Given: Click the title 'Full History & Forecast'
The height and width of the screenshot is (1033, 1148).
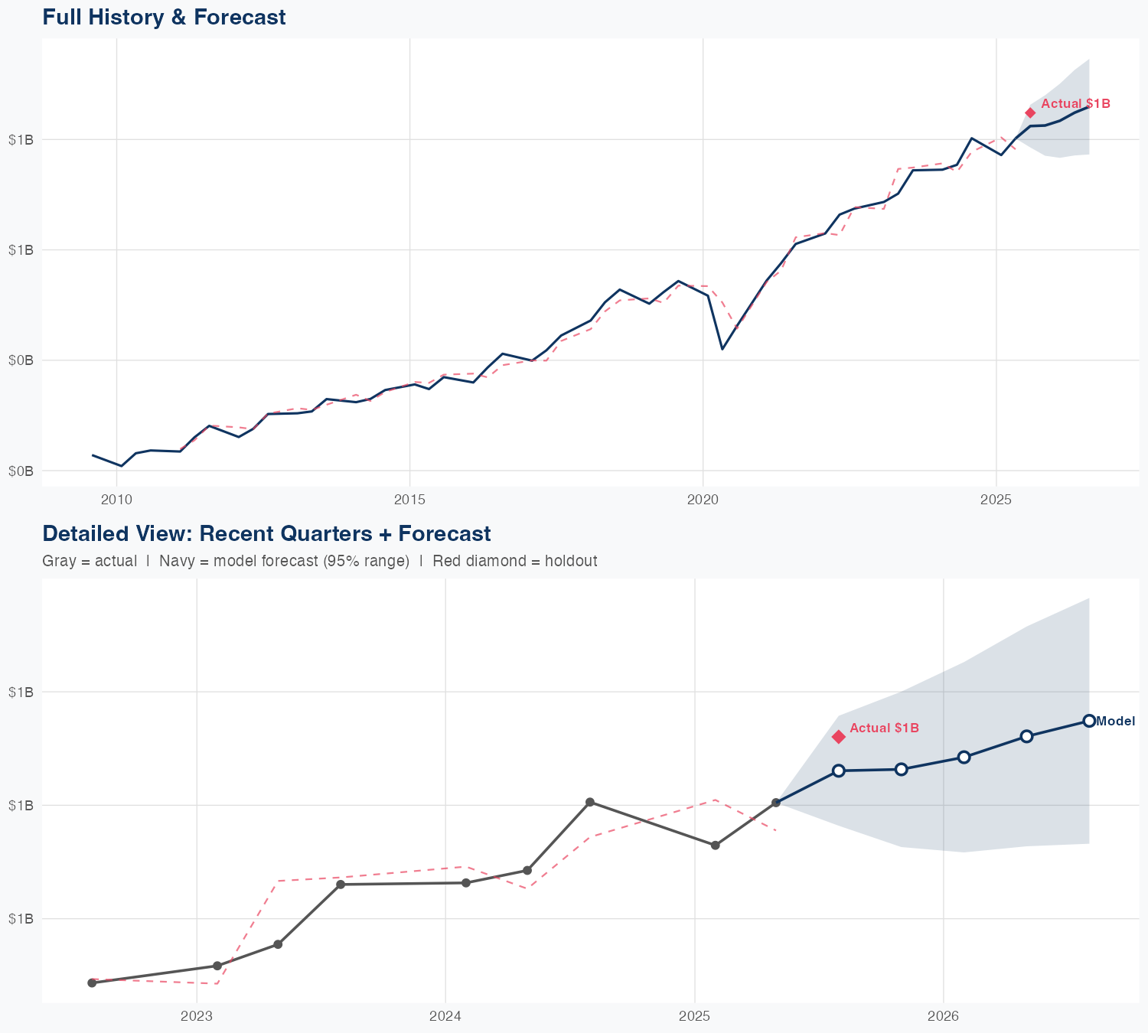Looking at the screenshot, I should [x=164, y=17].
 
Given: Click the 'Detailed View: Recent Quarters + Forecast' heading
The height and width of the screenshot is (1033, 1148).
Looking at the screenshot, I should [x=266, y=533].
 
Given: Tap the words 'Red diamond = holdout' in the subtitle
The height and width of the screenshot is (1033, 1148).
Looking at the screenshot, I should [x=514, y=561].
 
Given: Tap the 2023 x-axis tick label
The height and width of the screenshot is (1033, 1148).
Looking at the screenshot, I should [x=197, y=1017].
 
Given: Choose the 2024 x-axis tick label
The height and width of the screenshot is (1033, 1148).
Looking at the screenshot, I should [x=445, y=1017].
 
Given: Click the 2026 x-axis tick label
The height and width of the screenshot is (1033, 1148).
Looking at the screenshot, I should [x=943, y=1017].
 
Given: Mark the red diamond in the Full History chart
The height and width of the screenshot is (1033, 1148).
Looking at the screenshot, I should [x=1030, y=112].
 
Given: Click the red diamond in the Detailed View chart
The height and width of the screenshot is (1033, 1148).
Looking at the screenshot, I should [x=839, y=736].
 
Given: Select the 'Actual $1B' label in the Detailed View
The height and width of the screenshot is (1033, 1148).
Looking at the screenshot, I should [x=884, y=728].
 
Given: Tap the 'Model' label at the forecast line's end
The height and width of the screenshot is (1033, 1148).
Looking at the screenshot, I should [x=1115, y=721].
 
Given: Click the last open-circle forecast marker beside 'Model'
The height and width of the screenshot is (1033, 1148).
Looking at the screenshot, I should [x=1089, y=721].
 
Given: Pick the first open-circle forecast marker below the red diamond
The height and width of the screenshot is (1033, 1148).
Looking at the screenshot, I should [x=839, y=771].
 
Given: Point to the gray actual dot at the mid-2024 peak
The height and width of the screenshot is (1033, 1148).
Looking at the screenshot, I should [x=590, y=802].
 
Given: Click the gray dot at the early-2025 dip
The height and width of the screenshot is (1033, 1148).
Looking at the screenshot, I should [x=716, y=846].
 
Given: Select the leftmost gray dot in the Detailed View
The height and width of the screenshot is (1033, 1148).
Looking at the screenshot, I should [x=92, y=982].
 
